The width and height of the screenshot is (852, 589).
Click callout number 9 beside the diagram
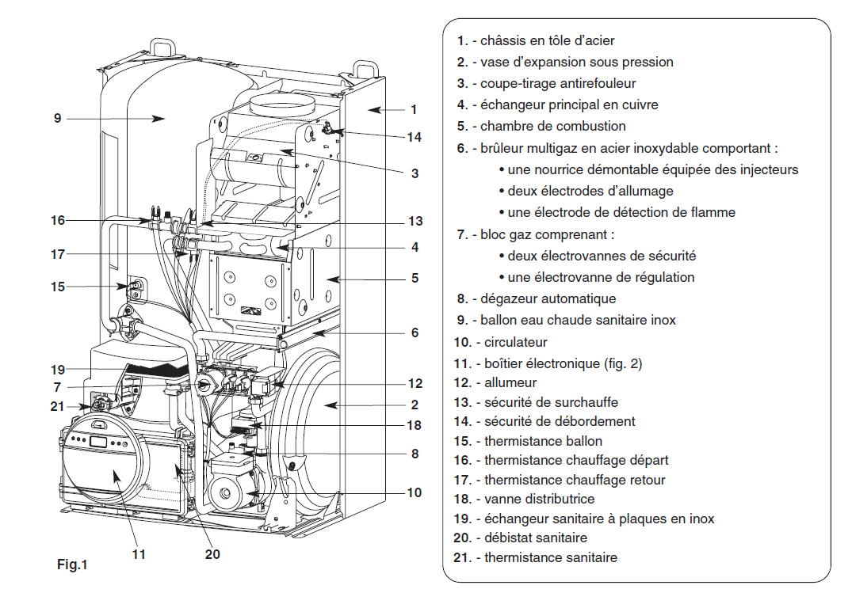[x=58, y=118]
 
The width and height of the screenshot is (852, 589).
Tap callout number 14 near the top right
[x=414, y=137]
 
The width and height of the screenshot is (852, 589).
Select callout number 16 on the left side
[x=58, y=220]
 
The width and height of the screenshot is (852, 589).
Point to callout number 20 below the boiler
[x=212, y=553]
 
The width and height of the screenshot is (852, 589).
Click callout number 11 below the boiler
[x=139, y=553]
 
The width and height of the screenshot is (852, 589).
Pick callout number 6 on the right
[x=415, y=332]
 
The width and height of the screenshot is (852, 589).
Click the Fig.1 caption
[x=72, y=564]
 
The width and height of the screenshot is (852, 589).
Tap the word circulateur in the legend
[x=516, y=342]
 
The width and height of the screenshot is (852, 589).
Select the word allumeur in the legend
[x=510, y=382]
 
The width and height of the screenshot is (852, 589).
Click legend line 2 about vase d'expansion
[x=565, y=62]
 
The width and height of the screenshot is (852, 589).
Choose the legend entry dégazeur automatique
[x=537, y=298]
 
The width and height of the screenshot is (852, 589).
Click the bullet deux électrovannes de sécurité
[x=597, y=256]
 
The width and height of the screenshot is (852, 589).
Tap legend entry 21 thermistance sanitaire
[x=535, y=557]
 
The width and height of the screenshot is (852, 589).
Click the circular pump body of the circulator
[x=231, y=492]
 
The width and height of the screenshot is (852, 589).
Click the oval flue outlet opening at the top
[x=282, y=104]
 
